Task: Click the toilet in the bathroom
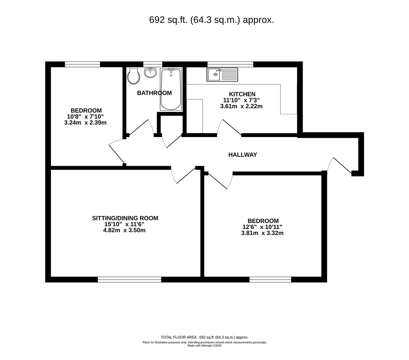click(x=133, y=76)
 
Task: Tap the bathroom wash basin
click(x=150, y=72)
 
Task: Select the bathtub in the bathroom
click(x=170, y=89)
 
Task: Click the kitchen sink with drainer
click(x=222, y=74)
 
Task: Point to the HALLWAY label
click(x=243, y=155)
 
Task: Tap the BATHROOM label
click(x=154, y=93)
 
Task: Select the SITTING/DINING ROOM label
click(x=125, y=218)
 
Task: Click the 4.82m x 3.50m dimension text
click(x=124, y=230)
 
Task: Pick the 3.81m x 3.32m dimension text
click(x=262, y=233)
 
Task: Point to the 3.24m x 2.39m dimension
click(x=85, y=123)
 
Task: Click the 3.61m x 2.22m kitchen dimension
click(x=241, y=106)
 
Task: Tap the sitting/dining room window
click(x=129, y=279)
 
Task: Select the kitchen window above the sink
click(x=230, y=64)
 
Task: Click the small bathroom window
click(x=152, y=64)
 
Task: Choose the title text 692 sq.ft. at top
click(x=212, y=20)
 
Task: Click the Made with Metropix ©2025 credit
click(x=204, y=346)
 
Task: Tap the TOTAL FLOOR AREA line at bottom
click(x=204, y=337)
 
